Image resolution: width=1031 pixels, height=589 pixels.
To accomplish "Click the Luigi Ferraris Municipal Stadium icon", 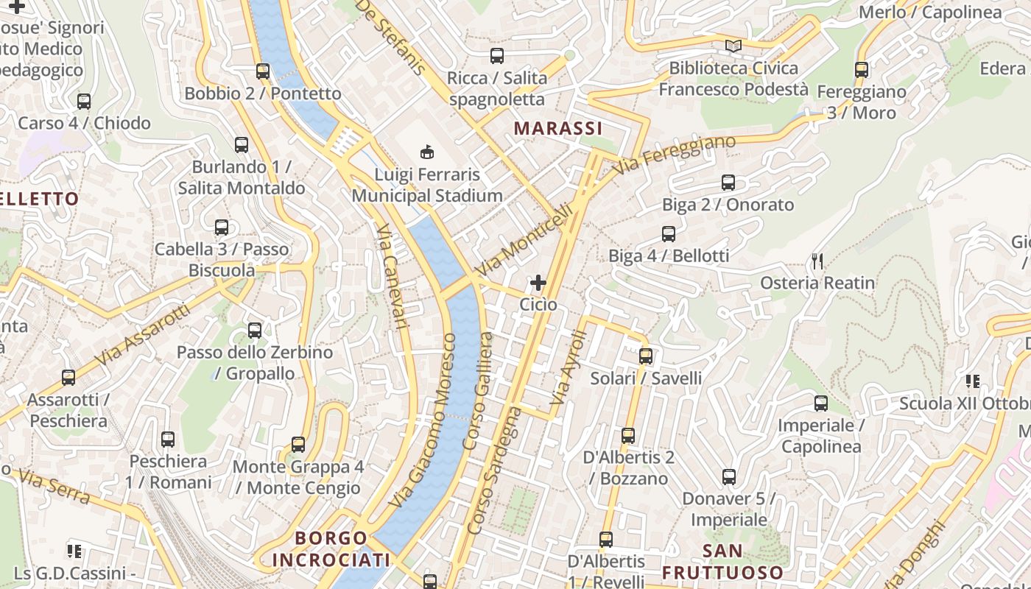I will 426,152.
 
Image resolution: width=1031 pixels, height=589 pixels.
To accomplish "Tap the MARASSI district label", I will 558,128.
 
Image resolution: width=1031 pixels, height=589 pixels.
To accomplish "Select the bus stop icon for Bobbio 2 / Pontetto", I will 263,71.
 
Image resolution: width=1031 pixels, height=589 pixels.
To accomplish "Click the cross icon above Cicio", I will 538,282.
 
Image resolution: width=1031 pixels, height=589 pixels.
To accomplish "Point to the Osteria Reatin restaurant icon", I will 817,261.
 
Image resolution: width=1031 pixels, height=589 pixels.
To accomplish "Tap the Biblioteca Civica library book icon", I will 733,46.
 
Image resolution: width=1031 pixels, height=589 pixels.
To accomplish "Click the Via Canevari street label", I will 392,276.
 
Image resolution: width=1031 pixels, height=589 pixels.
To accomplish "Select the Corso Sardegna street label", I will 494,471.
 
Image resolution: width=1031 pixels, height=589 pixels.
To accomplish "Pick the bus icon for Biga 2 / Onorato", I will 728,183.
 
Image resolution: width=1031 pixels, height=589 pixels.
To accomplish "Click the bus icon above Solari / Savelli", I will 646,356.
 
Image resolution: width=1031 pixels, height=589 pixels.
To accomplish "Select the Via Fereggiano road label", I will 673,155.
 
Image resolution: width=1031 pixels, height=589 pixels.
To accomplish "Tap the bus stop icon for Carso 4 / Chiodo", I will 84,102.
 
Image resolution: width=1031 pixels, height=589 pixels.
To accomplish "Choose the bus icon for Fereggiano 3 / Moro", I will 862,70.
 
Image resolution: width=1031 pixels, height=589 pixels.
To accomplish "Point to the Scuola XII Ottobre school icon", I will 973,381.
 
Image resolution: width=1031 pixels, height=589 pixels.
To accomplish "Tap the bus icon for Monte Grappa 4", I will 298,445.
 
